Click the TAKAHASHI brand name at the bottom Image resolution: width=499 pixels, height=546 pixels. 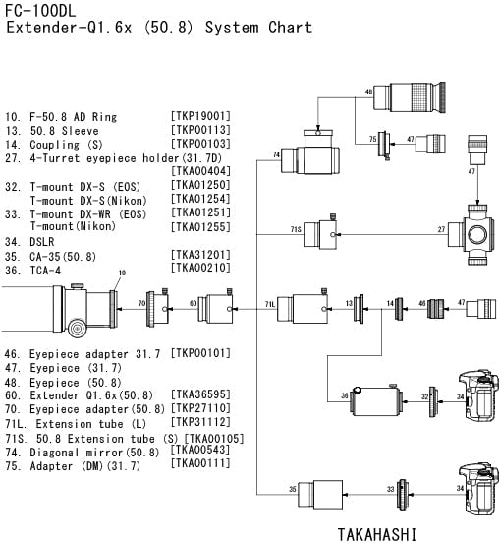tap(376, 534)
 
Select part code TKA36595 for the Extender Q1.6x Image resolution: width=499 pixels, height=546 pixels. tap(200, 394)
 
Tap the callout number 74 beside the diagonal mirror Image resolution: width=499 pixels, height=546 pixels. tap(276, 154)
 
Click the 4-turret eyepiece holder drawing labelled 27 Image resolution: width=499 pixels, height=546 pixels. tap(471, 235)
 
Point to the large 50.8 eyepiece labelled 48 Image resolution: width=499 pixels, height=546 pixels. tap(410, 97)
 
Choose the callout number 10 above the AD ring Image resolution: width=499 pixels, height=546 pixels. tap(122, 273)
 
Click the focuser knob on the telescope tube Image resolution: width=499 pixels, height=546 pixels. tap(78, 328)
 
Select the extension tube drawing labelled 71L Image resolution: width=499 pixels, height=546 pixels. tap(303, 308)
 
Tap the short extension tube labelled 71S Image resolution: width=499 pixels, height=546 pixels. tap(320, 234)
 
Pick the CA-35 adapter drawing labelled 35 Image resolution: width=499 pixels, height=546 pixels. tap(320, 494)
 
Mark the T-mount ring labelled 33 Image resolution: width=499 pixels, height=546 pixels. tap(403, 495)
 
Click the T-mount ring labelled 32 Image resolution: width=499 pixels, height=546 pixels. tap(433, 401)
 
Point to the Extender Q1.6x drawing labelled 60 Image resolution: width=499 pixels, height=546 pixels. tap(215, 308)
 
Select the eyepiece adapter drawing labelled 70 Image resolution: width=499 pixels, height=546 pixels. tap(157, 308)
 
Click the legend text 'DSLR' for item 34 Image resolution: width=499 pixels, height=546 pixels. tap(41, 242)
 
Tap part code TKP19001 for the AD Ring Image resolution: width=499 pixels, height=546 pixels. tap(200, 116)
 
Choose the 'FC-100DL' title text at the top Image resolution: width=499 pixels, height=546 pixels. tap(40, 11)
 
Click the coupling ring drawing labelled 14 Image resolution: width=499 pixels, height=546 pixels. tap(399, 309)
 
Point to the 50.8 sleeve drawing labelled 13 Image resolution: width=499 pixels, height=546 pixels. tap(359, 309)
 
